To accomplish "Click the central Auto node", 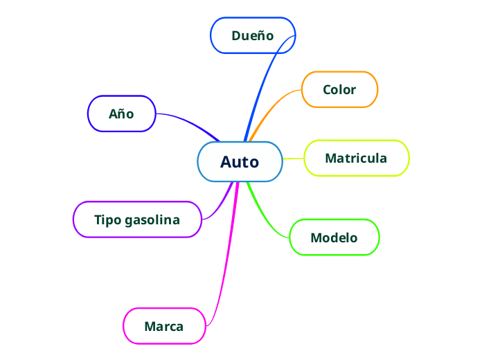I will (240, 162).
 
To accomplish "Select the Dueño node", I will (253, 35).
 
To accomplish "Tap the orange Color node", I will (339, 89).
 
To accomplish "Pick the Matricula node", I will (356, 158).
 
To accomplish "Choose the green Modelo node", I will (334, 237).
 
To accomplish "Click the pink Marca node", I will (164, 326).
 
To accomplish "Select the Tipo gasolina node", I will (137, 219).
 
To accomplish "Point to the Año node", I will (121, 114).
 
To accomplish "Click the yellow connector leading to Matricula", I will (294, 159).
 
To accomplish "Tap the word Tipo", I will (108, 220).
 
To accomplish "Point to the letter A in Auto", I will (226, 162).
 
